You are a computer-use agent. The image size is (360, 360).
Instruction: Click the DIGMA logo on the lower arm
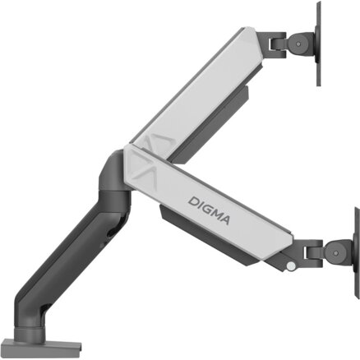[x=209, y=210]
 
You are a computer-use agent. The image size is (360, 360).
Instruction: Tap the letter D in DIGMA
[x=192, y=202]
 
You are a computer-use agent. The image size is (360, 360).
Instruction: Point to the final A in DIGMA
[x=224, y=219]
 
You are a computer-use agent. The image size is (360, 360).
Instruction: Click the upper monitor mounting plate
[x=318, y=44]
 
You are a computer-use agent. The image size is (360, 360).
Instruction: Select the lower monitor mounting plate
[x=357, y=253]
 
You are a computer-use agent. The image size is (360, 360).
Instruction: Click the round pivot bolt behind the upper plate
[x=298, y=44]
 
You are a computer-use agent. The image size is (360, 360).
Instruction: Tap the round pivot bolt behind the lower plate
[x=335, y=252]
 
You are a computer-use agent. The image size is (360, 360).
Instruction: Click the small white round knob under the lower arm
[x=291, y=265]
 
